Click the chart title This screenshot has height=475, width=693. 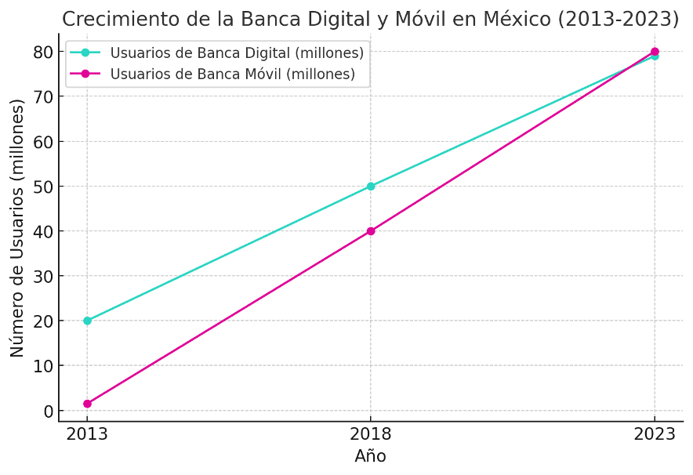pyautogui.click(x=370, y=19)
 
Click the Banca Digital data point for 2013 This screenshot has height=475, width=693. pyautogui.click(x=87, y=321)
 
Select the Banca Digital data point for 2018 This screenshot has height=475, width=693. pyautogui.click(x=371, y=187)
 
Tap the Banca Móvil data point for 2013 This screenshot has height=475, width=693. pyautogui.click(x=87, y=404)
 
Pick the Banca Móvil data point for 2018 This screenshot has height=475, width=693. pyautogui.click(x=371, y=231)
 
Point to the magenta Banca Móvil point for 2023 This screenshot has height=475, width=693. pyautogui.click(x=655, y=52)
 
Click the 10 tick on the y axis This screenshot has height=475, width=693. pyautogui.click(x=45, y=366)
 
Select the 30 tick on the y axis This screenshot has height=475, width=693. pyautogui.click(x=45, y=276)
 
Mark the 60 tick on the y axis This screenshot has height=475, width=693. pyautogui.click(x=45, y=142)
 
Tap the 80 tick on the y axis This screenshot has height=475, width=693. pyautogui.click(x=45, y=52)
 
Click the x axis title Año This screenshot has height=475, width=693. pyautogui.click(x=370, y=456)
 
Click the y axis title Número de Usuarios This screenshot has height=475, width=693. pyautogui.click(x=18, y=227)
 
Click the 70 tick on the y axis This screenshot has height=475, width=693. pyautogui.click(x=45, y=96)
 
